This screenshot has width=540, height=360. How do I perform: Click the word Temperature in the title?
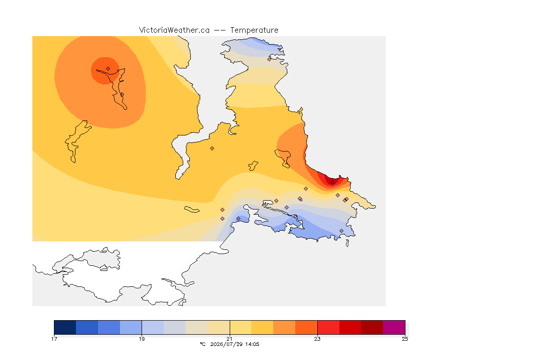[x=254, y=30]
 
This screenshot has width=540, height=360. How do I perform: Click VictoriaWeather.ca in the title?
[x=174, y=30]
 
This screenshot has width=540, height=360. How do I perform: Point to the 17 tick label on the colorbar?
[x=54, y=339]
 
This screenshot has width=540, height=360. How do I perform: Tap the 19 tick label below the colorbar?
[x=142, y=339]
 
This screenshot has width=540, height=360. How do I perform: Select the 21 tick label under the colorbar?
[x=230, y=339]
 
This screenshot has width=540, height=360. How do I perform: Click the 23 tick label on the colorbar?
[x=317, y=339]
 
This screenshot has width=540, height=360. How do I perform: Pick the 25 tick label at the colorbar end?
[x=405, y=339]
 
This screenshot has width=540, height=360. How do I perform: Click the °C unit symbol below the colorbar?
[x=203, y=344]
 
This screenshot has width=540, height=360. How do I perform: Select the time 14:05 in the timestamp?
[x=253, y=344]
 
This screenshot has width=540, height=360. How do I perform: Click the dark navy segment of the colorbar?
[x=65, y=327]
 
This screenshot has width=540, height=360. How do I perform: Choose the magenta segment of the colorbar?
[x=394, y=327]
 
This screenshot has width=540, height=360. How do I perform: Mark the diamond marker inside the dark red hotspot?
[x=332, y=183]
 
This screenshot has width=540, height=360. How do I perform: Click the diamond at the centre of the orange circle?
[x=108, y=69]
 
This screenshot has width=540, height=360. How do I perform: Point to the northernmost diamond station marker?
[x=270, y=59]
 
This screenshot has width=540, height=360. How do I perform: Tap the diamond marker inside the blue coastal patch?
[x=238, y=219]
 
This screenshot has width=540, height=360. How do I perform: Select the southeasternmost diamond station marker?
[x=342, y=231]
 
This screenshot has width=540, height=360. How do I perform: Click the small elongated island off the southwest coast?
[x=192, y=210]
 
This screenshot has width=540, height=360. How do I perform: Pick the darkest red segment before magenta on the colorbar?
[x=372, y=327]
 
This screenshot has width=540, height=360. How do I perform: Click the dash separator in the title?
[x=220, y=30]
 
